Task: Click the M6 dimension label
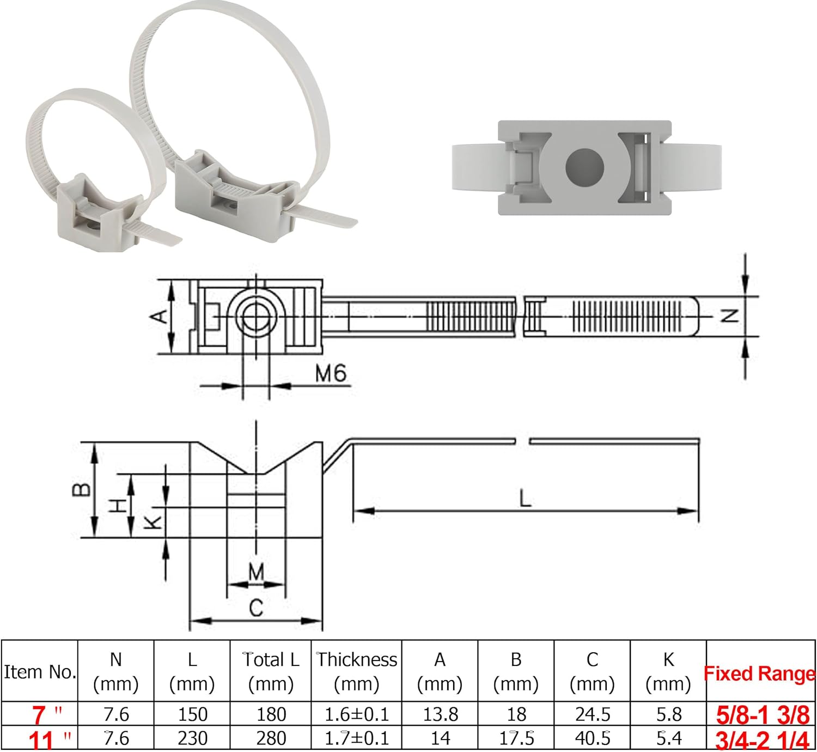pos(331,374)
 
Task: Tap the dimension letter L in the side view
pos(525,498)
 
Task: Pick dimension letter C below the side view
pos(255,608)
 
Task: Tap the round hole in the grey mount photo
pos(584,167)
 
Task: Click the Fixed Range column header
pos(760,674)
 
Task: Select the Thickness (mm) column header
pos(357,671)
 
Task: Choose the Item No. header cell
pos(39,672)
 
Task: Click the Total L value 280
pos(271,738)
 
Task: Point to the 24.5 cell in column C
pos(592,714)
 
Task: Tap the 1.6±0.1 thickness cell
pos(357,714)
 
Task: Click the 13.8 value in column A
pos(440,714)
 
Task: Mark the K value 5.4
pos(668,738)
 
